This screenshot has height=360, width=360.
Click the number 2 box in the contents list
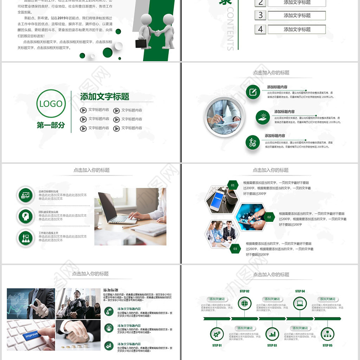point(260,3)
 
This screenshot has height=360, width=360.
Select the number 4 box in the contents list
point(260,30)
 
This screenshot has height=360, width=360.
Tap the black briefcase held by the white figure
point(141,43)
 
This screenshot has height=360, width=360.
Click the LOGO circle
point(51,104)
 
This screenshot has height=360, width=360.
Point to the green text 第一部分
point(51,126)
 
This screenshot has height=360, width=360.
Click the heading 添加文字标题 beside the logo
point(104,97)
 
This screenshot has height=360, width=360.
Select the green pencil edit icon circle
point(252,92)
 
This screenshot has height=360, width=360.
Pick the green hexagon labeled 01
point(233,185)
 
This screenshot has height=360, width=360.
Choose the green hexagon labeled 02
point(269,217)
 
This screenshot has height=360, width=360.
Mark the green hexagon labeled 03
point(234,248)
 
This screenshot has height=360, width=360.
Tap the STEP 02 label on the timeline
point(244,291)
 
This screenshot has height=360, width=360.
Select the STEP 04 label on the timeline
point(300,291)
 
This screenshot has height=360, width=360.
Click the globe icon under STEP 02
point(244,304)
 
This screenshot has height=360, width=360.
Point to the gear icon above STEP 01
point(217,334)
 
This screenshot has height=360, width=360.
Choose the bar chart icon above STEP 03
point(272,334)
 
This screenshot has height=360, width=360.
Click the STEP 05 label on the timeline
point(327,346)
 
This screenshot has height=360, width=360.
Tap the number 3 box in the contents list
point(260,15)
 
